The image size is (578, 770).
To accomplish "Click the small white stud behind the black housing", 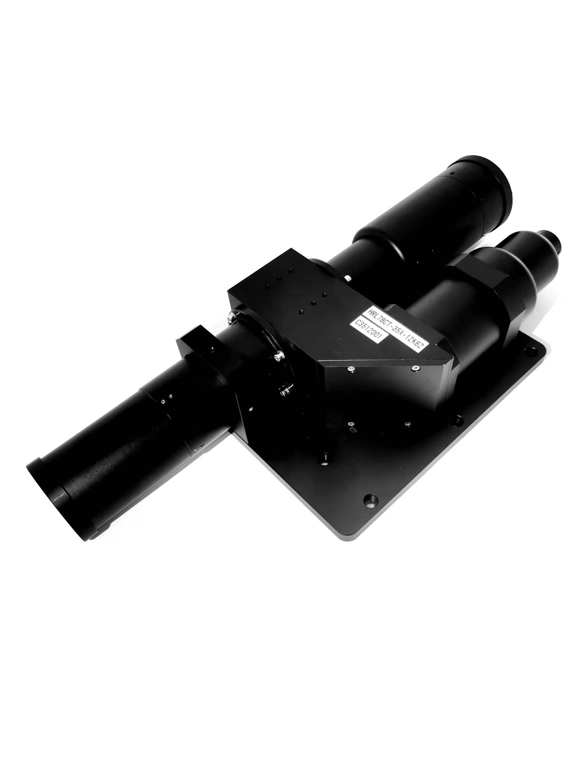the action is (x=348, y=278).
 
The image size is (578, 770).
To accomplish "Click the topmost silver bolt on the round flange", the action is (x=232, y=318).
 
